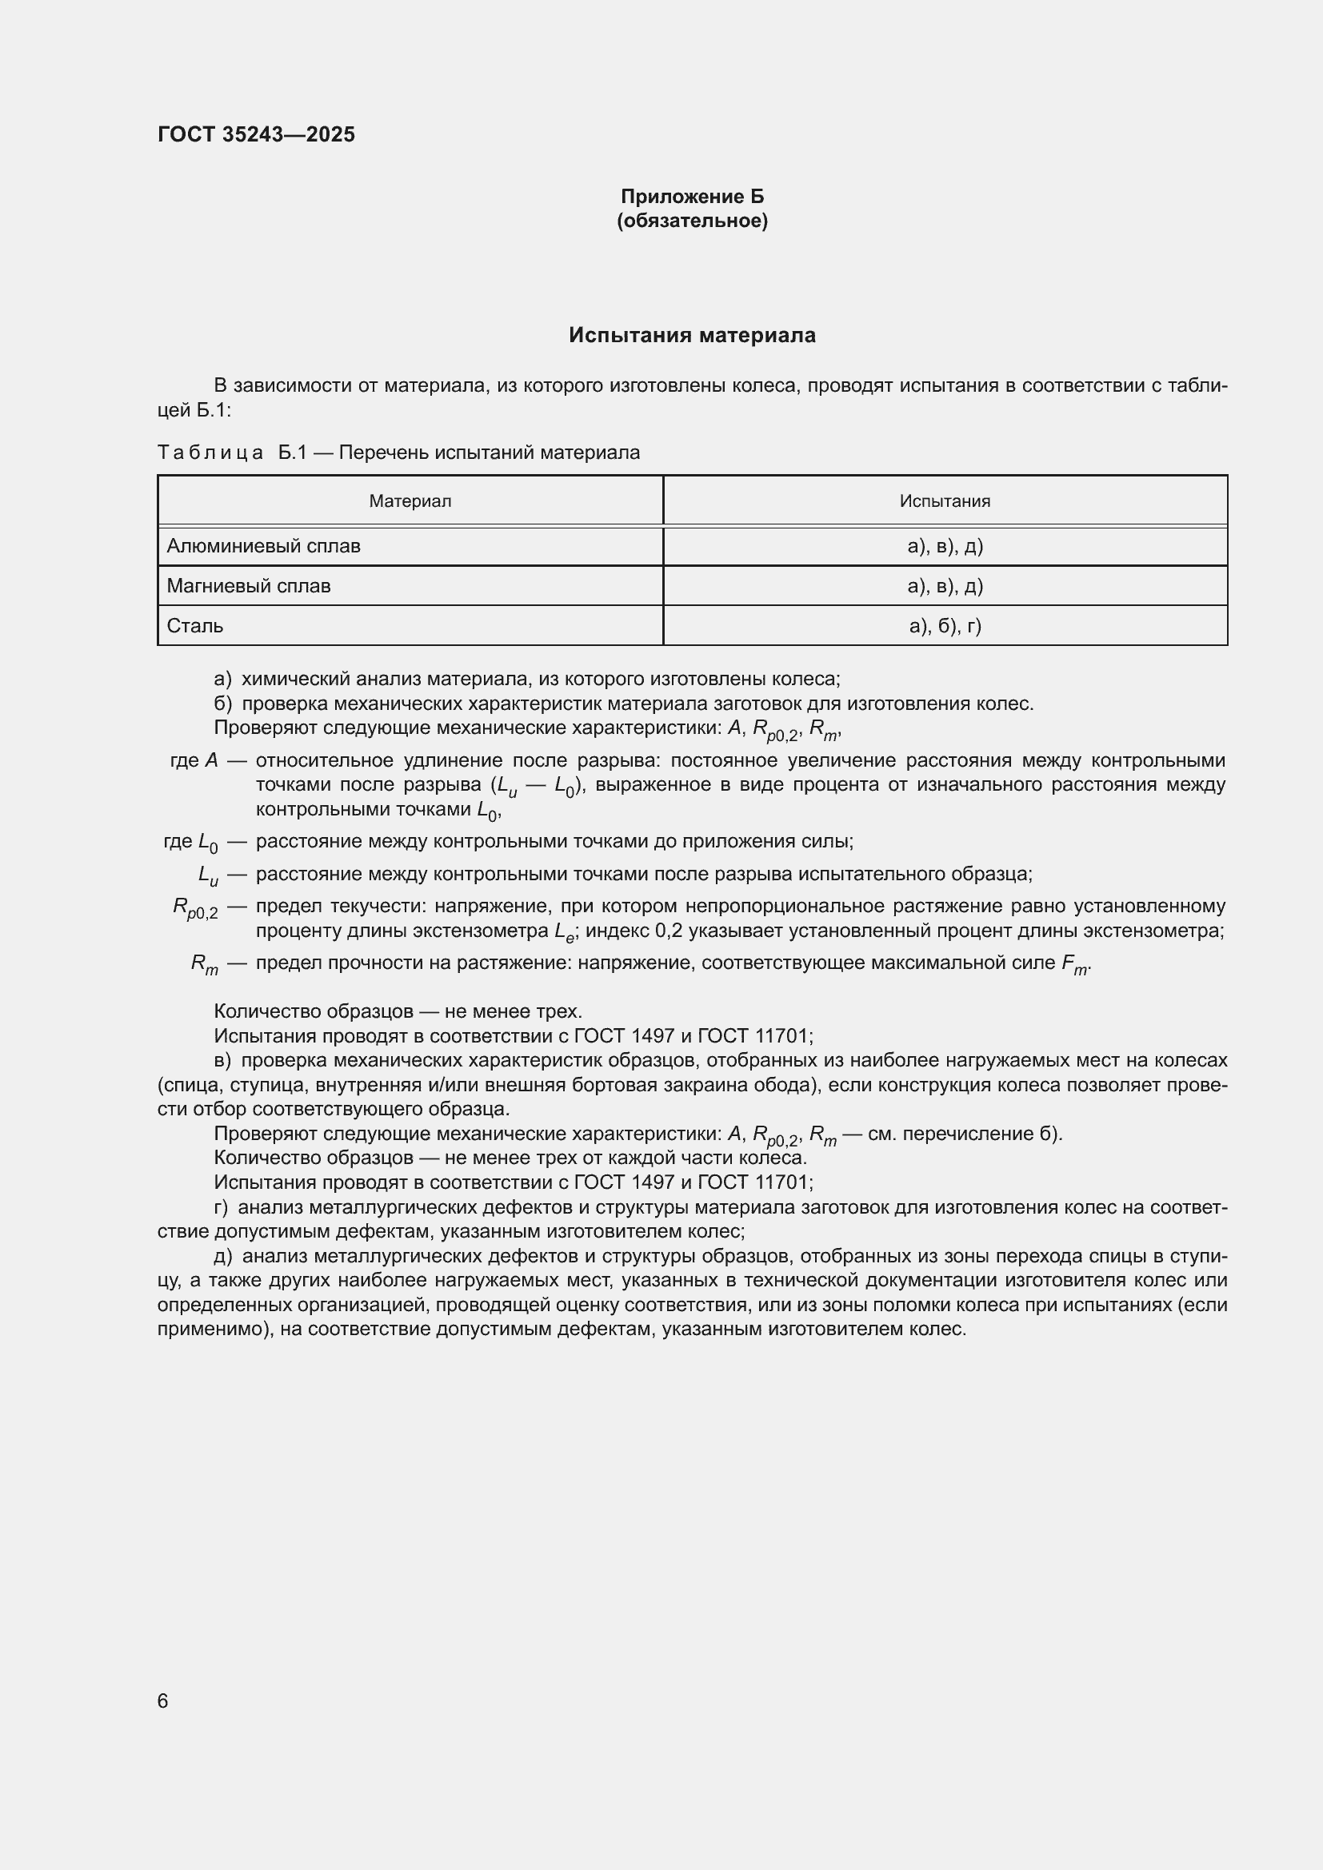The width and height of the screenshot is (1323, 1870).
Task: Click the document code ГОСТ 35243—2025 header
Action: point(256,134)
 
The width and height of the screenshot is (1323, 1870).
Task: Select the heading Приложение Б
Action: point(692,197)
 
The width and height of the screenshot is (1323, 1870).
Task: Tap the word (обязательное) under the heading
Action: point(692,221)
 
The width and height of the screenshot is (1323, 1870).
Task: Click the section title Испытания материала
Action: point(692,336)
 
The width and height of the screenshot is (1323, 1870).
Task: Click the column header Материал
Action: point(410,501)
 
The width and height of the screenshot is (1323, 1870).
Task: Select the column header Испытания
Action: point(944,501)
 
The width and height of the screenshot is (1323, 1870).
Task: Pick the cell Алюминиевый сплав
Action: point(263,546)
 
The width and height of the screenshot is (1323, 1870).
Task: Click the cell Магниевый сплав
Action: point(249,585)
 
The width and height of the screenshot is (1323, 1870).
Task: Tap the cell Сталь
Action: point(194,625)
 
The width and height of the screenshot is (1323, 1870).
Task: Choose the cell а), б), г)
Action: point(944,625)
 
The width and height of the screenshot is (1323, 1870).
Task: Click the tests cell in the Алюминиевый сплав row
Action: point(944,546)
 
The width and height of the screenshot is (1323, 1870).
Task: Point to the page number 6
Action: point(162,1701)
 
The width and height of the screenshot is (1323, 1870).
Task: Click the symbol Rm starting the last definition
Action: point(205,964)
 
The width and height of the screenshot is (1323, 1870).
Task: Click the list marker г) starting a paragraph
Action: point(221,1207)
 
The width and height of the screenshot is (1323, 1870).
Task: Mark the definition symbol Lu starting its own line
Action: point(208,875)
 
